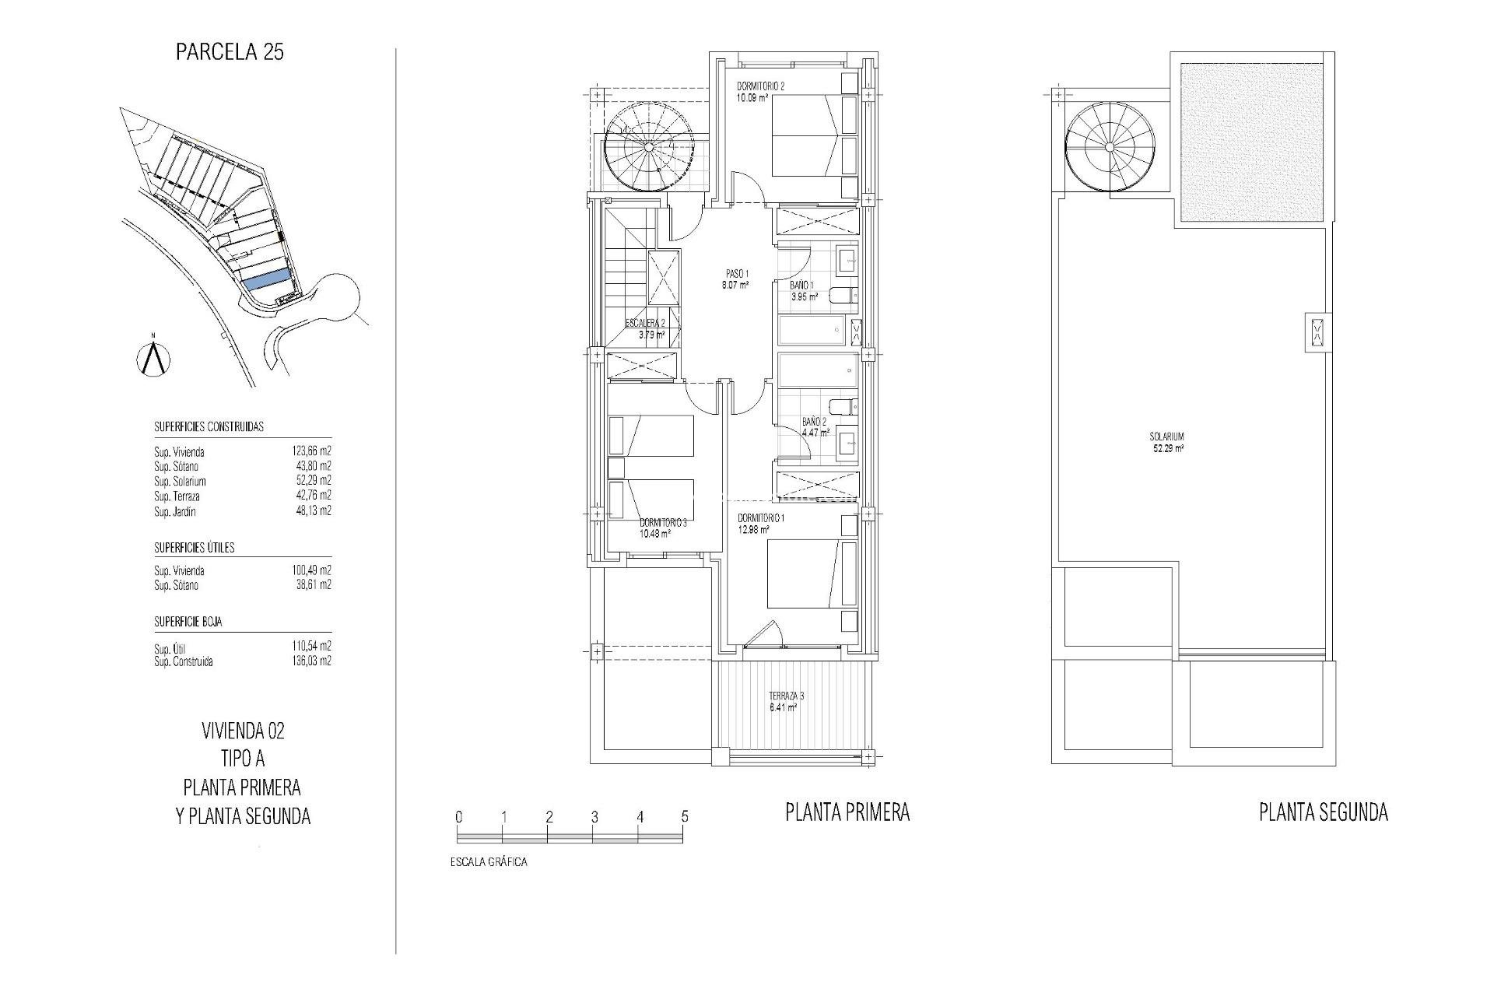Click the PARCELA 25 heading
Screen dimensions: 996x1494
(x=230, y=52)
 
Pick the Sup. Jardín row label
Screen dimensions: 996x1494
(x=175, y=512)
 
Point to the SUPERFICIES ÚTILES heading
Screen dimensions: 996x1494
(x=195, y=548)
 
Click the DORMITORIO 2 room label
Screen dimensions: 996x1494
(x=761, y=87)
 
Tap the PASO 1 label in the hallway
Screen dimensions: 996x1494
(x=736, y=274)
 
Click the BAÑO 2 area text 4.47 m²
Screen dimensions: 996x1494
(x=815, y=433)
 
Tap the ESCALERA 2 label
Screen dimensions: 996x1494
(x=645, y=324)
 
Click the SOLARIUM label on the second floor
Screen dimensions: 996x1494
(x=1167, y=437)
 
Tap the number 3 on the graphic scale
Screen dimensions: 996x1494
(x=594, y=817)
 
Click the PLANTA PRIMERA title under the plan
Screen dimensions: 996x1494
(x=847, y=813)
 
